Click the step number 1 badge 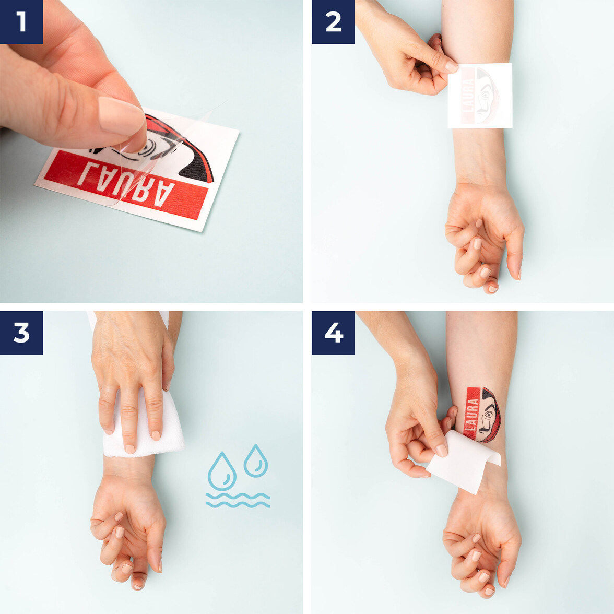pos(21,22)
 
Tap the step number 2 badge pos(333,22)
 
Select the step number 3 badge pos(21,333)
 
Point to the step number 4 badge pos(333,333)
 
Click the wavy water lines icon pos(238,500)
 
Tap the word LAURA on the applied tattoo pos(473,412)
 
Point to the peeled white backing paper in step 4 pos(462,465)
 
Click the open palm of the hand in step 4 pos(478,538)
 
